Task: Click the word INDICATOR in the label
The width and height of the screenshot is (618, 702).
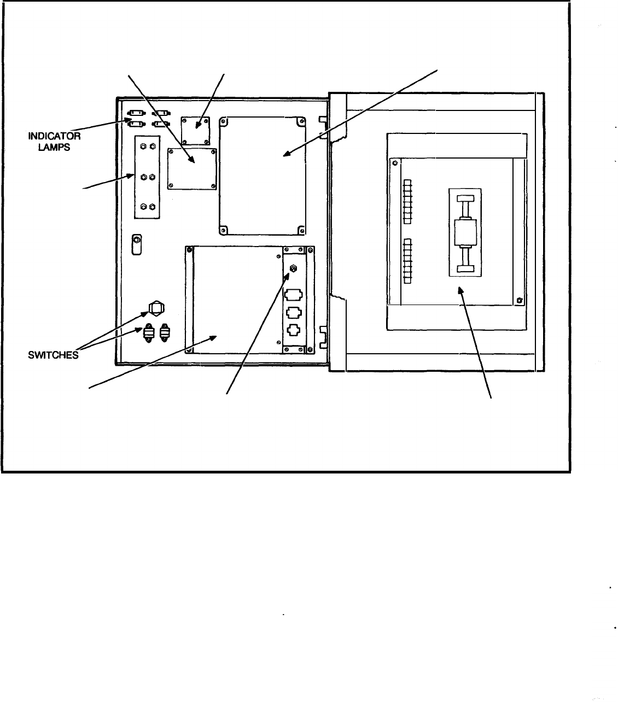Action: pyautogui.click(x=54, y=137)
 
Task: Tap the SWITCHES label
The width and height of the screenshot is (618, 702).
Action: pyautogui.click(x=54, y=354)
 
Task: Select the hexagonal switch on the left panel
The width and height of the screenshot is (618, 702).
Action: pyautogui.click(x=155, y=308)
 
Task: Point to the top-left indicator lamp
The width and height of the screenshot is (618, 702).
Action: pyautogui.click(x=135, y=115)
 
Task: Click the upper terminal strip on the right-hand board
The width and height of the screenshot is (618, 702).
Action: pyautogui.click(x=407, y=201)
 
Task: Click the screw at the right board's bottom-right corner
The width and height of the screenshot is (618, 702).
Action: pyautogui.click(x=518, y=300)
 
